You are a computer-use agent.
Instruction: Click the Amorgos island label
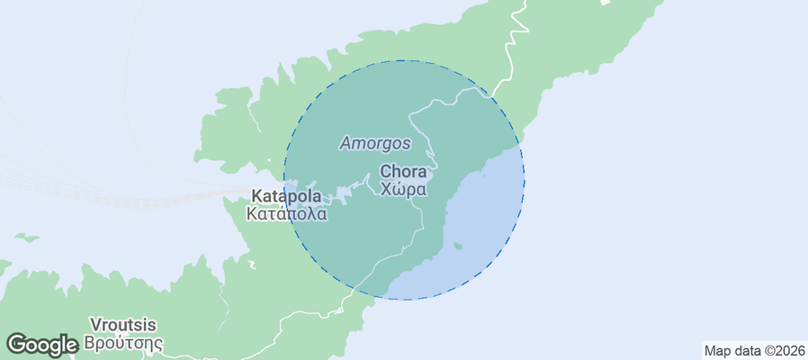(x=375, y=142)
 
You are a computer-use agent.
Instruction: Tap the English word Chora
(x=403, y=171)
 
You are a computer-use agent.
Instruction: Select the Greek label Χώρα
(x=403, y=189)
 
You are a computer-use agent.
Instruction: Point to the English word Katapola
(x=288, y=195)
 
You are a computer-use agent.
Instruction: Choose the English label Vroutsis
(x=123, y=325)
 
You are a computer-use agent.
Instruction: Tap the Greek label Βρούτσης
(x=123, y=343)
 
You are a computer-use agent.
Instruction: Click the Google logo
(x=41, y=344)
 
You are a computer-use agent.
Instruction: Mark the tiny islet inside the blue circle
(x=458, y=245)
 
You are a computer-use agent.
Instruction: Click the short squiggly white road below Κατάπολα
(x=251, y=264)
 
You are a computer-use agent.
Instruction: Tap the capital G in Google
(x=16, y=344)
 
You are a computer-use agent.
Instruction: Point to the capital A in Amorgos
(x=346, y=142)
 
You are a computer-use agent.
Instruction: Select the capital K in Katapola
(x=257, y=195)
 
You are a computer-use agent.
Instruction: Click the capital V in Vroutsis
(x=94, y=325)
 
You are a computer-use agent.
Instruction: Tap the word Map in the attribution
(x=717, y=350)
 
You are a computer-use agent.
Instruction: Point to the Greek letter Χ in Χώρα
(x=386, y=189)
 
